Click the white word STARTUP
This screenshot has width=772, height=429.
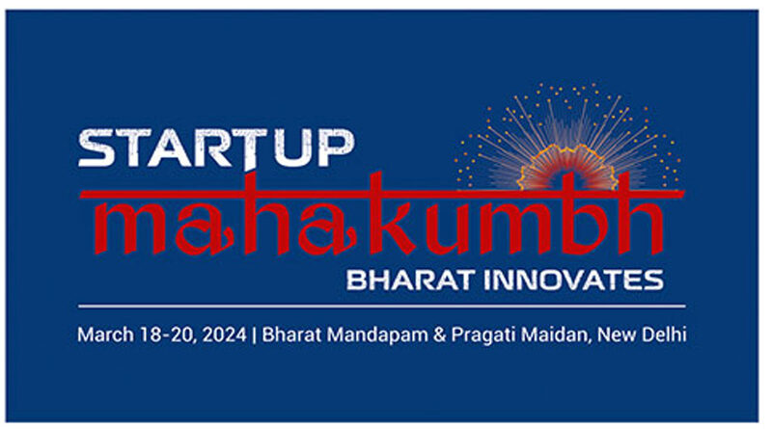pos(215,148)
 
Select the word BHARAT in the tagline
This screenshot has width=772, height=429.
pos(411,280)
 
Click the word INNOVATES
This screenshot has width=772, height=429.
pos(573,280)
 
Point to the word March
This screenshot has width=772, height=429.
pos(105,335)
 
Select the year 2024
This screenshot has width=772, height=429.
pos(224,335)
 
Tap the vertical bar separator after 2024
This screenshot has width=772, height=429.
pos(254,335)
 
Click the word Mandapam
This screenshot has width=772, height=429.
pos(377,335)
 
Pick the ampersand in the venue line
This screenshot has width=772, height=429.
pos(440,335)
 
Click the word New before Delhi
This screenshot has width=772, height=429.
pos(617,335)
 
